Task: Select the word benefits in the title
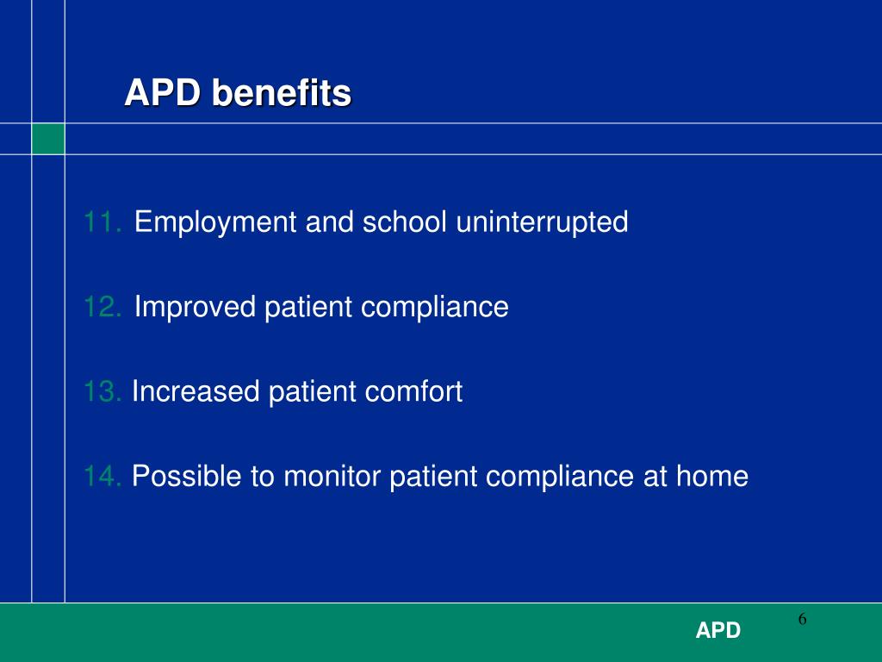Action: [x=281, y=93]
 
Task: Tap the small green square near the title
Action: [x=48, y=139]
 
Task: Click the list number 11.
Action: [x=102, y=222]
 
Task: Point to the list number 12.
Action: [x=102, y=307]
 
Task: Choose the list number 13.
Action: [x=102, y=392]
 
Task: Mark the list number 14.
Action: [x=103, y=476]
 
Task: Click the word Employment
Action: [x=215, y=223]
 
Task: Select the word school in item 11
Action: [x=404, y=222]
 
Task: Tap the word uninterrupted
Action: [x=542, y=223]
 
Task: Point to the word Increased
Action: [x=196, y=392]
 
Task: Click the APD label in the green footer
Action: [x=718, y=631]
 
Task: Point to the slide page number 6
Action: [x=801, y=619]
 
